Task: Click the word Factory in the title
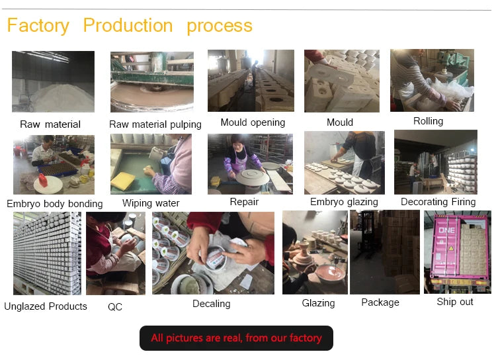point(38,26)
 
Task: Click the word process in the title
point(220,26)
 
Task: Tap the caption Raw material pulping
point(155,124)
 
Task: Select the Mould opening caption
point(253,122)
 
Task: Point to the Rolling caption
point(428,121)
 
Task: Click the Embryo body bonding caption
point(55,204)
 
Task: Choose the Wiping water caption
point(151,203)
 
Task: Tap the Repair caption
point(244,202)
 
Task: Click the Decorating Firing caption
point(438,202)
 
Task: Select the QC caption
point(115,306)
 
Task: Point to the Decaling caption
point(212,304)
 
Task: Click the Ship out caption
point(455,302)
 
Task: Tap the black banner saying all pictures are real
point(236,338)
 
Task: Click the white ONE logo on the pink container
point(446,230)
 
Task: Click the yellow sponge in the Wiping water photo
point(123,181)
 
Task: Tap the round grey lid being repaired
point(252,177)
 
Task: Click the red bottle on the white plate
point(43,181)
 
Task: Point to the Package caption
point(380,302)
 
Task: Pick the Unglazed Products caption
point(46,306)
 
